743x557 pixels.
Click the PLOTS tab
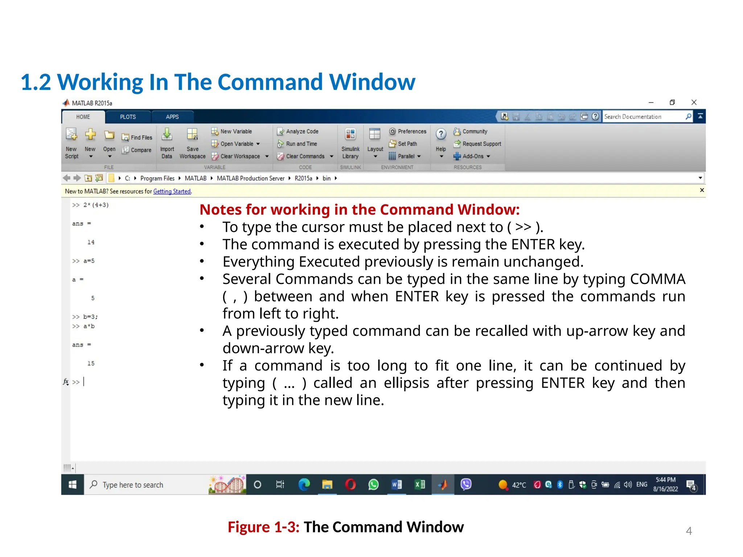tap(128, 117)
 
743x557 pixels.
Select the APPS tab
tap(172, 117)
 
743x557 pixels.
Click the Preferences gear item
tap(408, 131)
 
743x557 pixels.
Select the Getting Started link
tap(172, 191)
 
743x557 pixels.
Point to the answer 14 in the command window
tap(91, 242)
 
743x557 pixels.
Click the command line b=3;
tap(90, 317)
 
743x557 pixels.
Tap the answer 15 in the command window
tap(91, 363)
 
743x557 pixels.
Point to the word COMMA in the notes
tap(657, 279)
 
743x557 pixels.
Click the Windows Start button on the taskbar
tap(73, 484)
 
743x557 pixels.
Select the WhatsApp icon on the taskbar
tap(373, 484)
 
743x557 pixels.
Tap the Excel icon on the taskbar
tap(420, 484)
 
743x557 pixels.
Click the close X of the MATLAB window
tap(694, 102)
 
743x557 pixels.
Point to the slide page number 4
tap(689, 531)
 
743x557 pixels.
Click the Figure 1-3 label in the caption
tap(263, 527)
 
